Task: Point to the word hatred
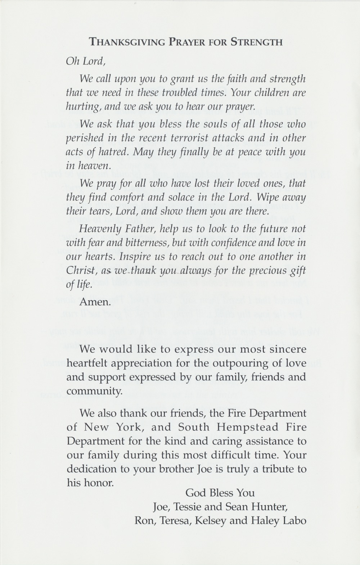pyautogui.click(x=103, y=152)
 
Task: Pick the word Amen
pyautogui.click(x=95, y=302)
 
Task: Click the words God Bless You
pyautogui.click(x=220, y=493)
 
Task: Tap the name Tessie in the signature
pyautogui.click(x=188, y=507)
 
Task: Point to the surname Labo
pyautogui.click(x=295, y=521)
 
